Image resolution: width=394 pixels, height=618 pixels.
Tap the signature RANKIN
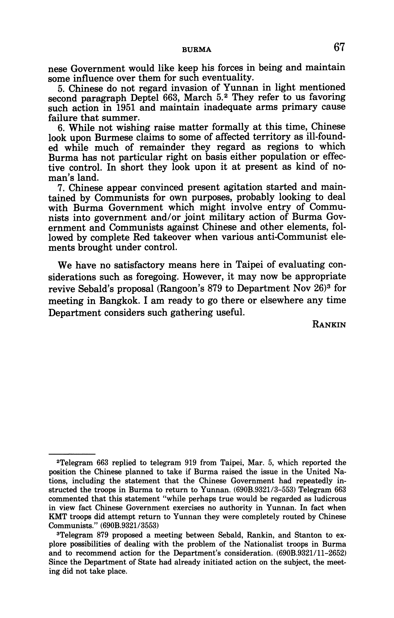[x=329, y=325]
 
